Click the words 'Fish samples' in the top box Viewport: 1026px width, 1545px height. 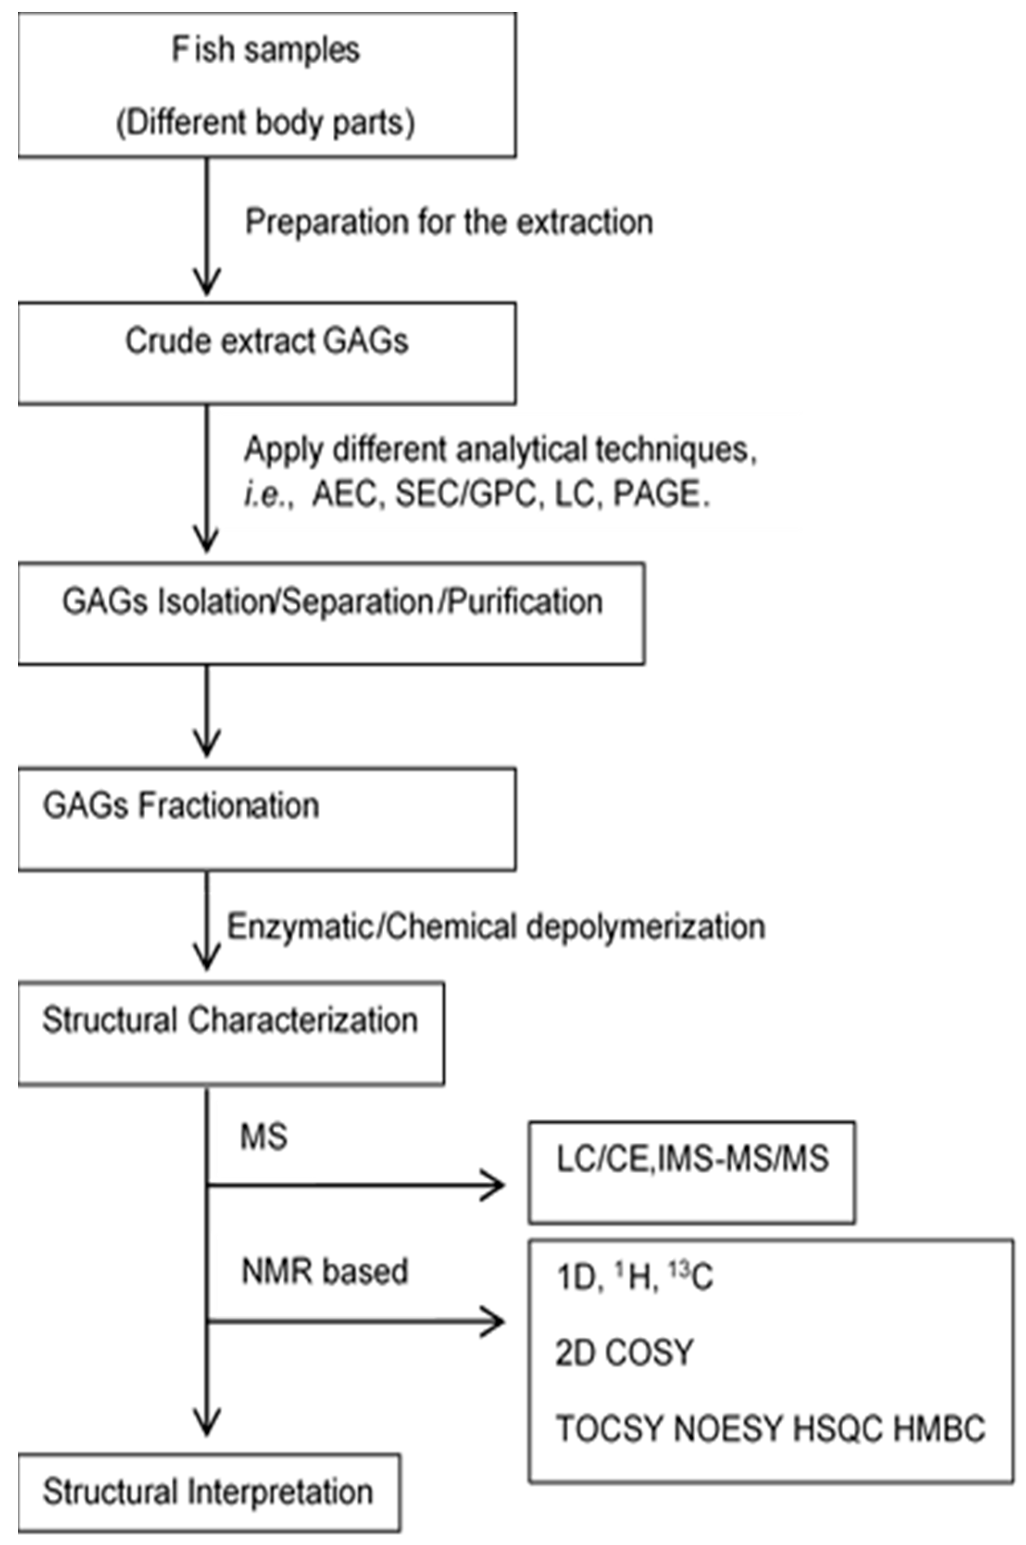coord(266,50)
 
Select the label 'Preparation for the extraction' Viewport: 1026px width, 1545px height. coord(449,222)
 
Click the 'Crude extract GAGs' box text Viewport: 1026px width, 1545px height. coord(267,342)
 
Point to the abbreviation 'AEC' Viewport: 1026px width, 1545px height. coord(345,494)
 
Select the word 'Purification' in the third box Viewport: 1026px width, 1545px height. coord(525,601)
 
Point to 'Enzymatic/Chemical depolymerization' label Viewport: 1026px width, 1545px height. coord(496,927)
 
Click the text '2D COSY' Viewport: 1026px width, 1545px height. coord(624,1352)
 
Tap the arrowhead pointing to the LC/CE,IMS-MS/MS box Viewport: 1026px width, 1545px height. coord(494,1185)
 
